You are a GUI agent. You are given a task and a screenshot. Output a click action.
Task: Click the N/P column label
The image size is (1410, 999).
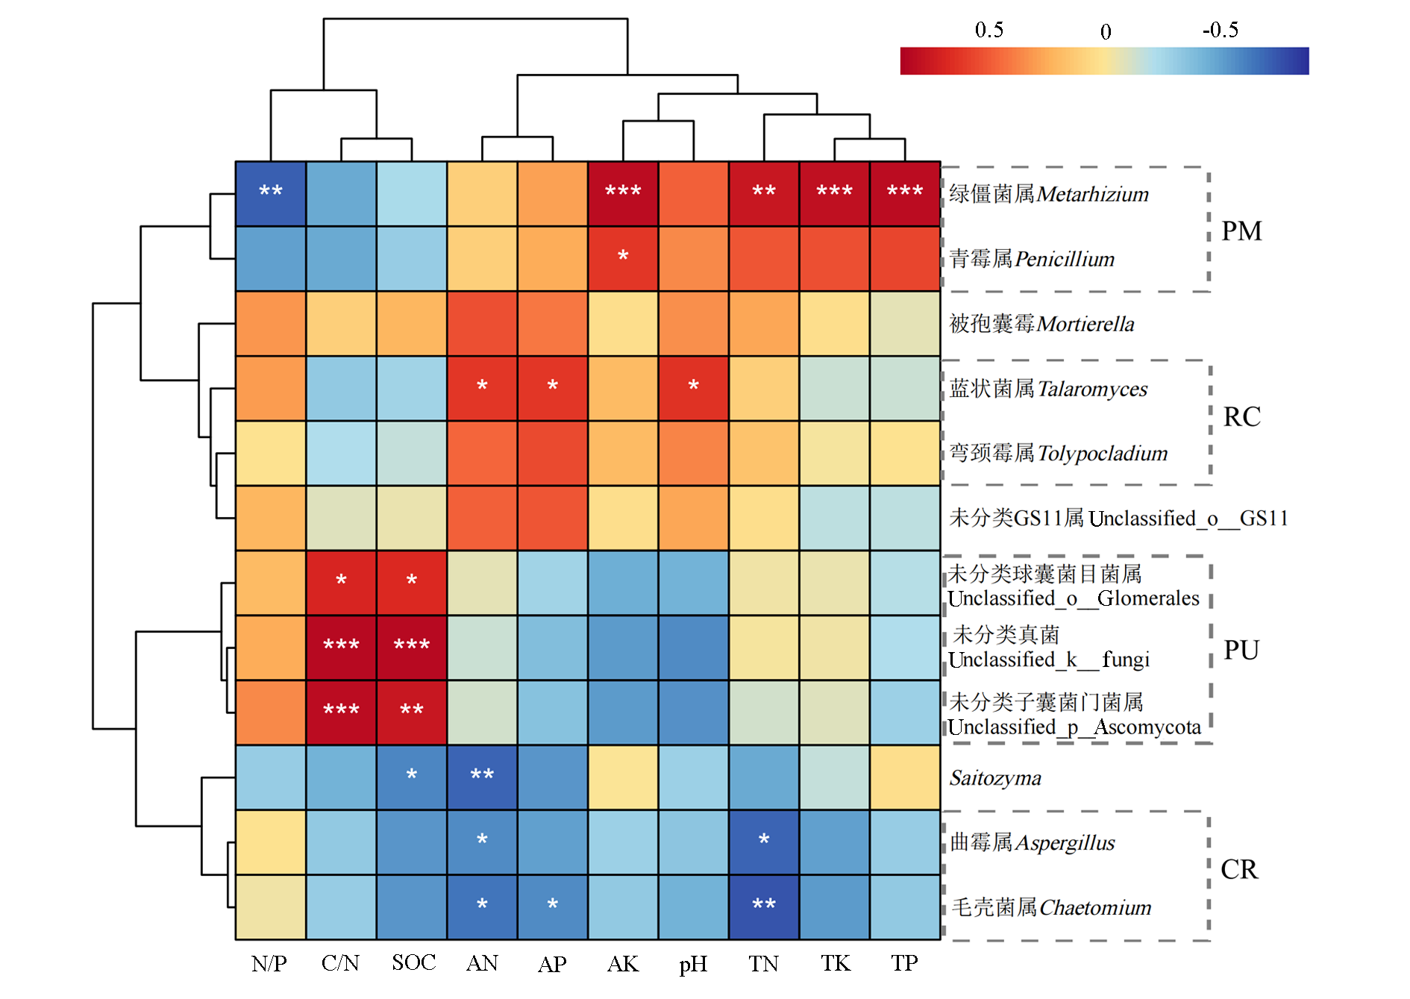(x=269, y=963)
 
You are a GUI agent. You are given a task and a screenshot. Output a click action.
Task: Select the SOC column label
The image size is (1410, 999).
(x=413, y=962)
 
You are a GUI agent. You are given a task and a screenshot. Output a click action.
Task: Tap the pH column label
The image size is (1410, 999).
(x=693, y=964)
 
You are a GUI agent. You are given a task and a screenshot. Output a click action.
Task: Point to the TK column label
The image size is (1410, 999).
(x=836, y=963)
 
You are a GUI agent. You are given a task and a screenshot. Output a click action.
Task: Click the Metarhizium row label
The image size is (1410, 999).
(x=1048, y=194)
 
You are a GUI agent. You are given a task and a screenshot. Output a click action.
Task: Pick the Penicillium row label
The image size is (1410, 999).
(x=1032, y=259)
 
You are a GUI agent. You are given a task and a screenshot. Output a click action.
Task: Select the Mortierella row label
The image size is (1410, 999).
(x=1041, y=324)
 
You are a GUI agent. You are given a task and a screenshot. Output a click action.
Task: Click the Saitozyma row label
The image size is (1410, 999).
(x=995, y=778)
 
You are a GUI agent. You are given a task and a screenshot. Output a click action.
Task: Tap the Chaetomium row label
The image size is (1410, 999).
(x=1051, y=907)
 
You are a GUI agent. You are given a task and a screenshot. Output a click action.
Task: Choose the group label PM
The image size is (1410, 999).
(x=1241, y=231)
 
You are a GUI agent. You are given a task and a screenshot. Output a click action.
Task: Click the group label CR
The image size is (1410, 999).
(x=1239, y=869)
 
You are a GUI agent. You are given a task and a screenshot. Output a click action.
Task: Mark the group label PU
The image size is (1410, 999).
(x=1241, y=650)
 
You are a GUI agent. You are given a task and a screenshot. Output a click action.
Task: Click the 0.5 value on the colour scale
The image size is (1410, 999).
(x=989, y=30)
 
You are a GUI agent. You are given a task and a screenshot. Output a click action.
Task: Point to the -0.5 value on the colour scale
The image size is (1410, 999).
(x=1221, y=30)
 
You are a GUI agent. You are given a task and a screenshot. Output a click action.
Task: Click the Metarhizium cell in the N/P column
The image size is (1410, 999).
(x=271, y=193)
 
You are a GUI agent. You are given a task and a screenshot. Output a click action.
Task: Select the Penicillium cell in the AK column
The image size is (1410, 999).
(x=623, y=258)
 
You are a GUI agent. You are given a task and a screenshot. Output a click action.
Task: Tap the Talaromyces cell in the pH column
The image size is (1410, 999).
(x=693, y=388)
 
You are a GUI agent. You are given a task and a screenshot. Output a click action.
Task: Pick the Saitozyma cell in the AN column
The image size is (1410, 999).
(x=482, y=777)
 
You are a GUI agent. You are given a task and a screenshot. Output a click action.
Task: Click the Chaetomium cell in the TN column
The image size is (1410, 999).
(x=764, y=906)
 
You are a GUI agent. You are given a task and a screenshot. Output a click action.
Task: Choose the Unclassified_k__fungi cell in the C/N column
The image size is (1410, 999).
(x=341, y=647)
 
